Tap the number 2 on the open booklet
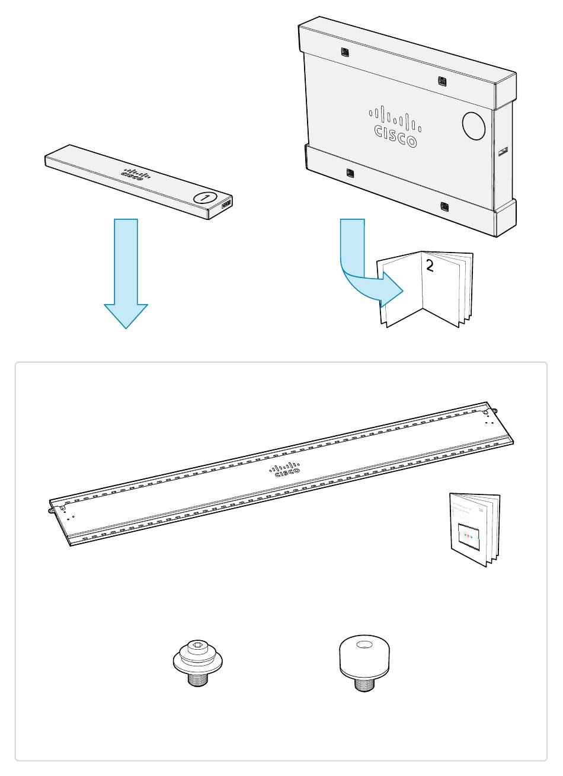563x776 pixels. tap(430, 266)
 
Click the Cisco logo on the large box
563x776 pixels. tap(395, 126)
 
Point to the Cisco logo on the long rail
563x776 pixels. tap(285, 469)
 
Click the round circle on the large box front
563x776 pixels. tap(474, 126)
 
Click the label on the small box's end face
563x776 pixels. tap(226, 205)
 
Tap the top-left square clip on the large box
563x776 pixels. tap(346, 52)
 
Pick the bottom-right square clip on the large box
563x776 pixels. tap(444, 206)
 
